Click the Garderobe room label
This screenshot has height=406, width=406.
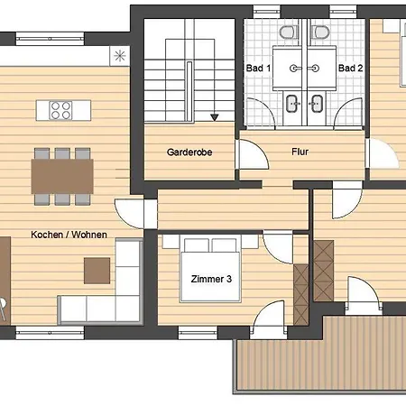point(189,152)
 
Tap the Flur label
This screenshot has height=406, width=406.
point(300,152)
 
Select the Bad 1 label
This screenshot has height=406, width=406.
point(258,68)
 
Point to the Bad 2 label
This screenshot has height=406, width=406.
point(350,68)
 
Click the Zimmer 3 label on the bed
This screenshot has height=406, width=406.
point(211,279)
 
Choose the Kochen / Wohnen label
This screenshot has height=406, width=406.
point(69,235)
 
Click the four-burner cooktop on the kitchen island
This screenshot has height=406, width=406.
point(60,110)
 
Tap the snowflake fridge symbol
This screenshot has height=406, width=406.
point(120,56)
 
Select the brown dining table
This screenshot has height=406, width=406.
point(62,176)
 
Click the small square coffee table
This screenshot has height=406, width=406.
point(97,271)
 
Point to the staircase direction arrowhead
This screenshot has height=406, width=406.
point(215,117)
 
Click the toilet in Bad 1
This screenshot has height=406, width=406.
point(289,32)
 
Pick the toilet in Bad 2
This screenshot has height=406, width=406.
point(320,32)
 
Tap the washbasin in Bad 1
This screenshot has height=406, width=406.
point(292,104)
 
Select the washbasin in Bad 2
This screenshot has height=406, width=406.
point(316,104)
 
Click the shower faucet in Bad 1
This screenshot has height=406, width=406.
point(295,69)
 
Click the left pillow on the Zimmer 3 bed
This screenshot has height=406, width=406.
point(197,245)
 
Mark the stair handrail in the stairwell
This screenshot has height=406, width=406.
point(189,91)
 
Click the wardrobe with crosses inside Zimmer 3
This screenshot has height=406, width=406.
point(301,295)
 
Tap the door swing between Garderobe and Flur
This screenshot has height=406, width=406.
point(252,153)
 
